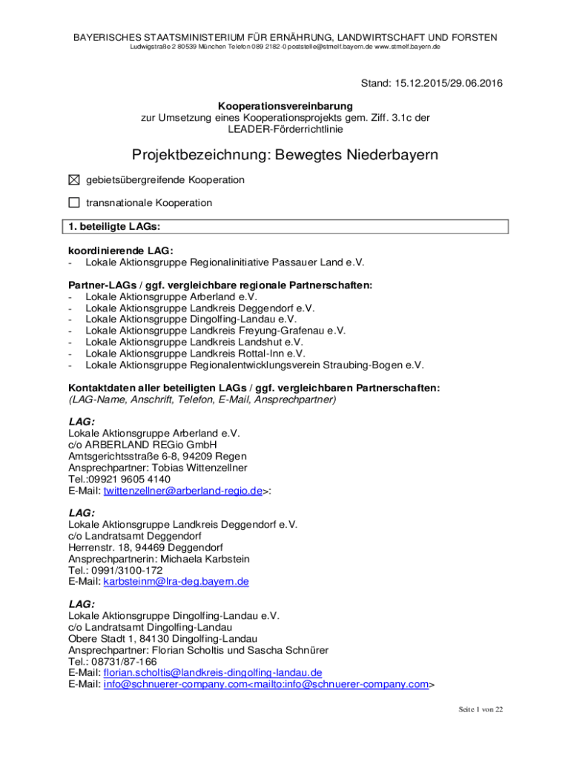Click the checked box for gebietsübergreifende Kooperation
click(73, 180)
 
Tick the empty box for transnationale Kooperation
click(73, 202)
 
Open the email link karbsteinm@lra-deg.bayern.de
click(176, 582)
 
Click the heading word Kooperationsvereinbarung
click(285, 107)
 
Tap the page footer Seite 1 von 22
click(481, 710)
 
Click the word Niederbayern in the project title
click(379, 155)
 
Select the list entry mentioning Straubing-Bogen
click(254, 365)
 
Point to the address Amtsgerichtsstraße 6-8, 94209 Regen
click(157, 457)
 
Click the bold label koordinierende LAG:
click(121, 251)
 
